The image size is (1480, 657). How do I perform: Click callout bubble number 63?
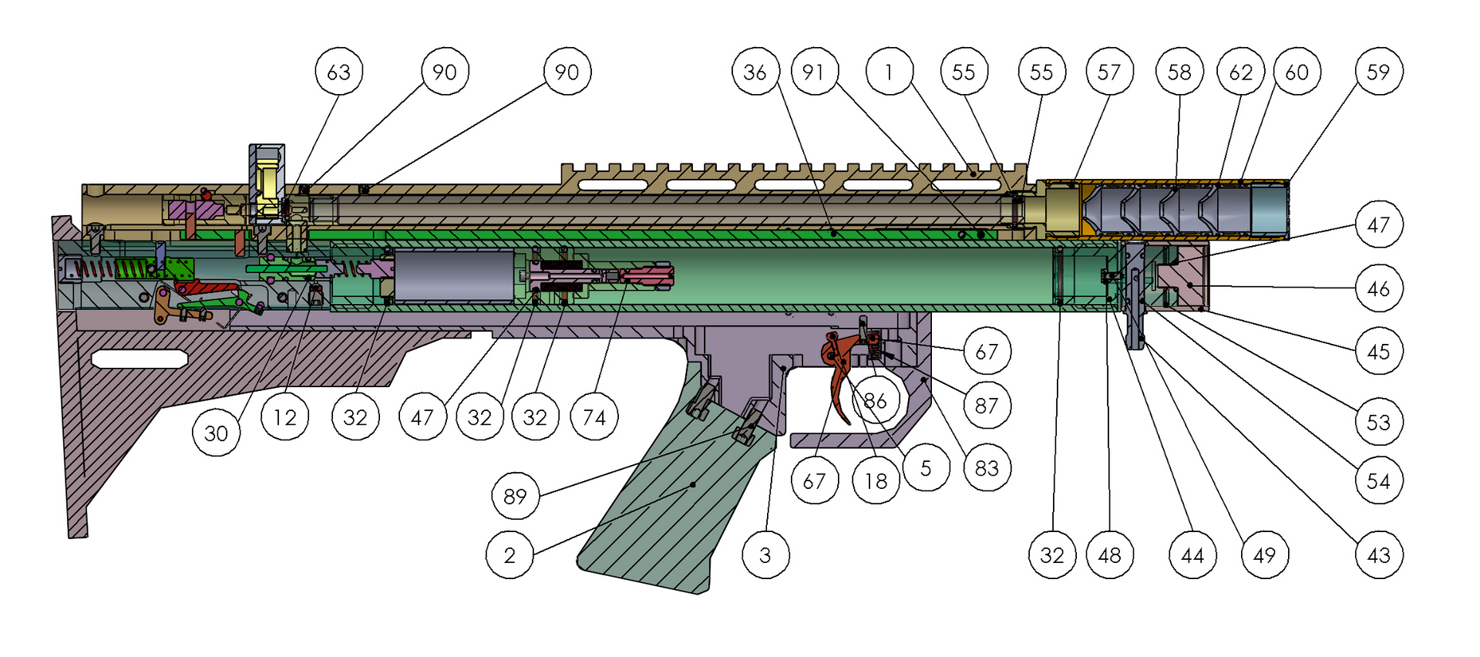pyautogui.click(x=338, y=72)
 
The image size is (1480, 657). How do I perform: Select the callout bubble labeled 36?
pyautogui.click(x=755, y=72)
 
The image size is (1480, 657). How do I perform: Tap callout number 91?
pyautogui.click(x=813, y=72)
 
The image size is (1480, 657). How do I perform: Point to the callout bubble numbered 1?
pyautogui.click(x=889, y=72)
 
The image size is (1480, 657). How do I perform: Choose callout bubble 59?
pyautogui.click(x=1378, y=72)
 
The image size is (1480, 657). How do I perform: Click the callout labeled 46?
pyautogui.click(x=1378, y=288)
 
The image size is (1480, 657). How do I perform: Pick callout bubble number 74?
pyautogui.click(x=594, y=417)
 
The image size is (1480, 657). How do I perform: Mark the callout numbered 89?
pyautogui.click(x=515, y=496)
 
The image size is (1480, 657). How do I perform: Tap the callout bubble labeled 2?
pyautogui.click(x=510, y=554)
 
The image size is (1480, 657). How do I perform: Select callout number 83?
pyautogui.click(x=987, y=468)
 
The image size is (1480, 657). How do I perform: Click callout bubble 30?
pyautogui.click(x=216, y=433)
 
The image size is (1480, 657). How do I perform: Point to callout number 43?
pyautogui.click(x=1378, y=554)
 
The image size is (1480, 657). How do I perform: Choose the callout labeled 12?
pyautogui.click(x=284, y=417)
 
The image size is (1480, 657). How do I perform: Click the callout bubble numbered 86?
pyautogui.click(x=875, y=400)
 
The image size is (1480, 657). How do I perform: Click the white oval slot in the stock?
pyautogui.click(x=140, y=359)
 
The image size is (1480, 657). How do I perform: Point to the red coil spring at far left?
pyautogui.click(x=96, y=269)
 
